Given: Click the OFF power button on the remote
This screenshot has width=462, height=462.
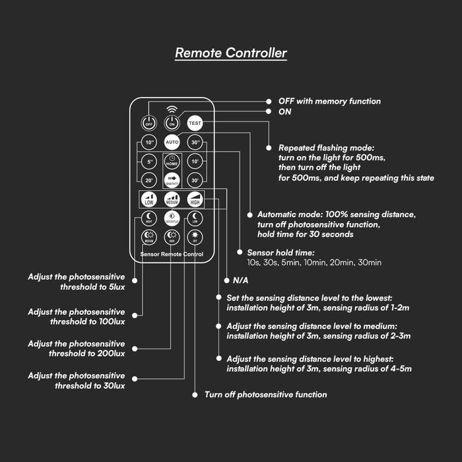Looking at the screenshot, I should coord(148,122).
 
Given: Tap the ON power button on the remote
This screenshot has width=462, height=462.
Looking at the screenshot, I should coord(172,122).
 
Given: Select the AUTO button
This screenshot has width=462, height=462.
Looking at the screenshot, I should coord(172,142).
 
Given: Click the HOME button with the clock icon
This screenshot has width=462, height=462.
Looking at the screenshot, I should coord(172,160).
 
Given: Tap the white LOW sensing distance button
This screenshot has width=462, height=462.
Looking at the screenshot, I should coord(149,199).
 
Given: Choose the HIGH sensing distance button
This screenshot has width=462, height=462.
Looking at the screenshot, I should coord(195,199).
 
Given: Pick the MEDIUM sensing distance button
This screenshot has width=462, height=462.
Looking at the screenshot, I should coord(172,199).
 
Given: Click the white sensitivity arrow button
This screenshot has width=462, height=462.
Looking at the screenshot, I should coord(172,179).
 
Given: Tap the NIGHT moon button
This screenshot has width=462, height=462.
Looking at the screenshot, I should coord(148,218).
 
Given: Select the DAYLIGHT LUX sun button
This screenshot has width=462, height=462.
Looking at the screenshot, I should coord(172,218).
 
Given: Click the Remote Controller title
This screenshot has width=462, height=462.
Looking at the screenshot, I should coord(231,53).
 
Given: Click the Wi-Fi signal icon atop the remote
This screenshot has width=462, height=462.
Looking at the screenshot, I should coord(172,108).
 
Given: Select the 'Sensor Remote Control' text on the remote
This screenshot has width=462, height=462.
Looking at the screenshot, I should coord(172,255).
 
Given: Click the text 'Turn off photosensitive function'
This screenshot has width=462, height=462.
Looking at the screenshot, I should coord(265,395).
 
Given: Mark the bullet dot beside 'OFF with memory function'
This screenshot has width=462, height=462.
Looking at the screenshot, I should coord(269,101).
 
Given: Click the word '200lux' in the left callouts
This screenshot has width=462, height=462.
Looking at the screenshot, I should coord(110,354).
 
